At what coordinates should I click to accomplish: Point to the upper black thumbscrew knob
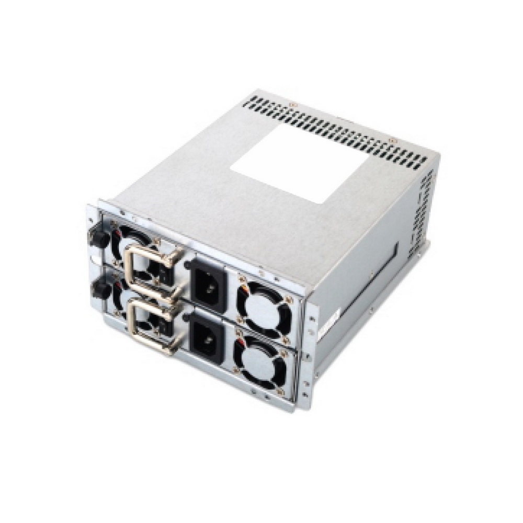pos(100,238)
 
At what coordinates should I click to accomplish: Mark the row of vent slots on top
pos(335,133)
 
